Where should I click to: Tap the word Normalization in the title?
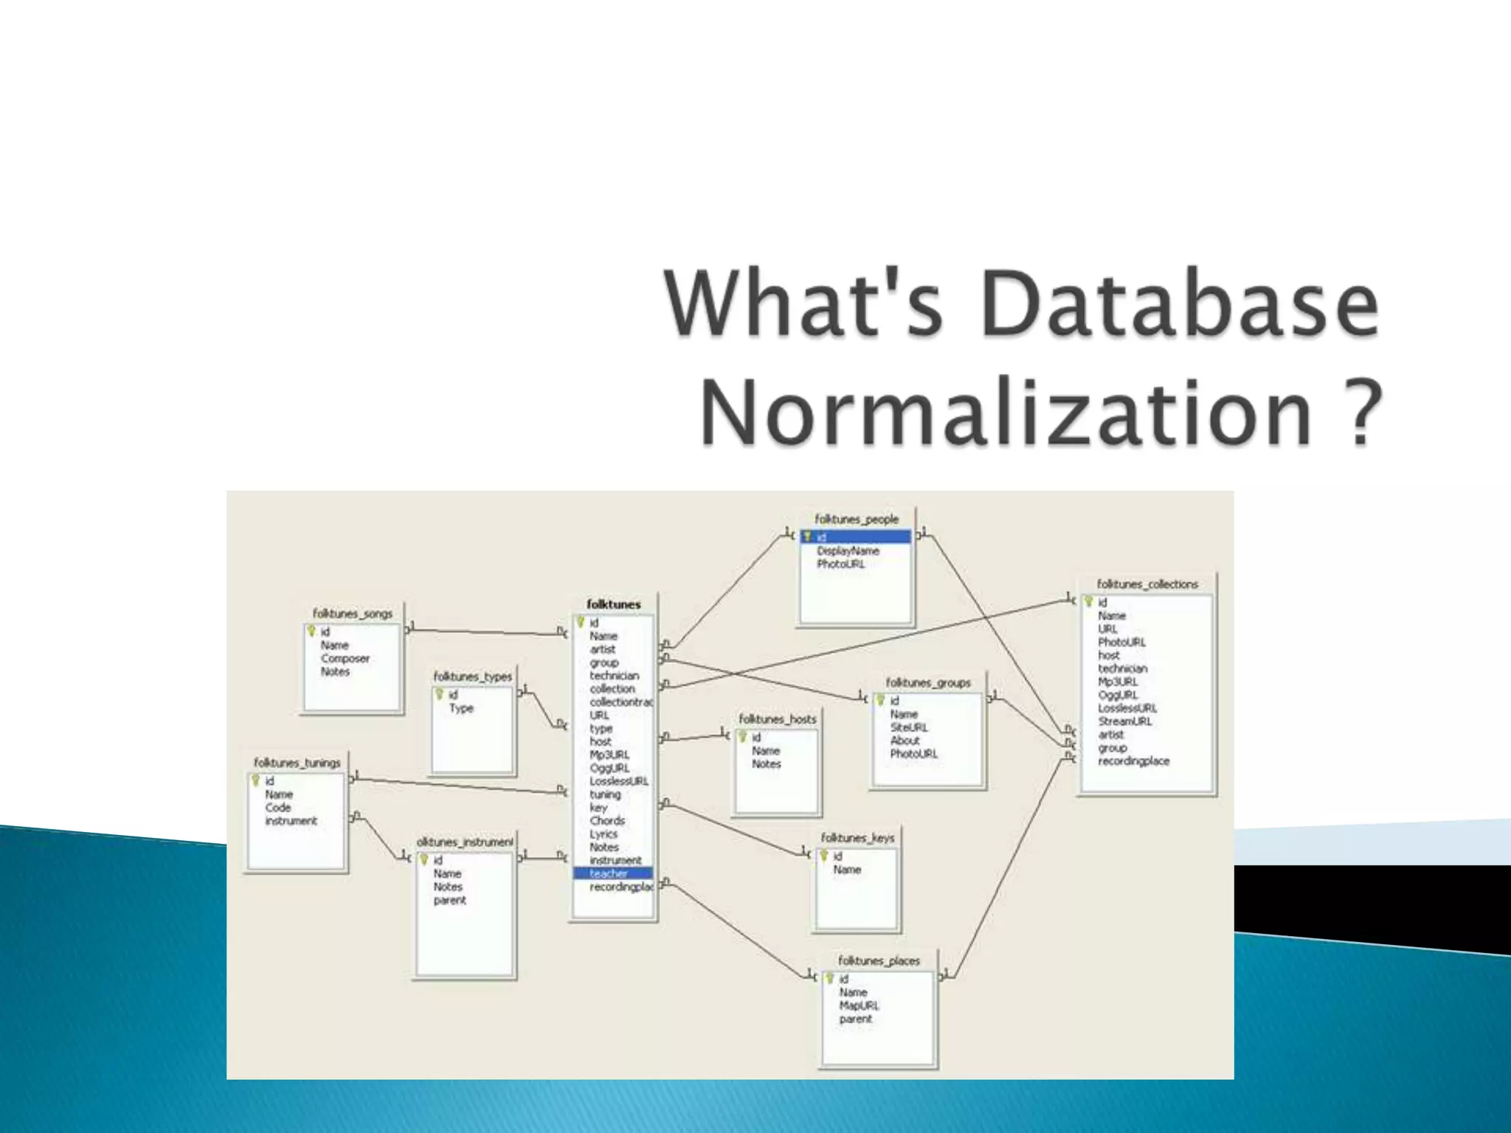[x=1007, y=411]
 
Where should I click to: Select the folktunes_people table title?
[x=856, y=519]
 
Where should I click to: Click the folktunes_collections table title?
[x=1147, y=584]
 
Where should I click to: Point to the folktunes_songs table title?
[x=352, y=614]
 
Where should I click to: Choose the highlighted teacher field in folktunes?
[x=609, y=873]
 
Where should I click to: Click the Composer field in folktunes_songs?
[x=345, y=659]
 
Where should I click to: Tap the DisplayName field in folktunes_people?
[x=848, y=551]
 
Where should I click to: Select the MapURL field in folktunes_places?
[x=859, y=1005]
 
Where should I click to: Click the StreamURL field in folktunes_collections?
[x=1124, y=721]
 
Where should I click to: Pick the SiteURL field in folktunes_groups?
[x=908, y=727]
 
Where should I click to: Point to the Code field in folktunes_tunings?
[x=278, y=808]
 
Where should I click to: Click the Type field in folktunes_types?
[x=461, y=708]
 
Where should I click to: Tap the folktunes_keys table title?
[x=857, y=838]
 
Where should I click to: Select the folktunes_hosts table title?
[x=777, y=719]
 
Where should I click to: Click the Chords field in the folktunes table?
[x=606, y=821]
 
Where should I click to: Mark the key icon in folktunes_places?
[x=829, y=979]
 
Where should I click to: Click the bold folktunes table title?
[x=613, y=604]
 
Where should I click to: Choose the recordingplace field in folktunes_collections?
[x=1133, y=761]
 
